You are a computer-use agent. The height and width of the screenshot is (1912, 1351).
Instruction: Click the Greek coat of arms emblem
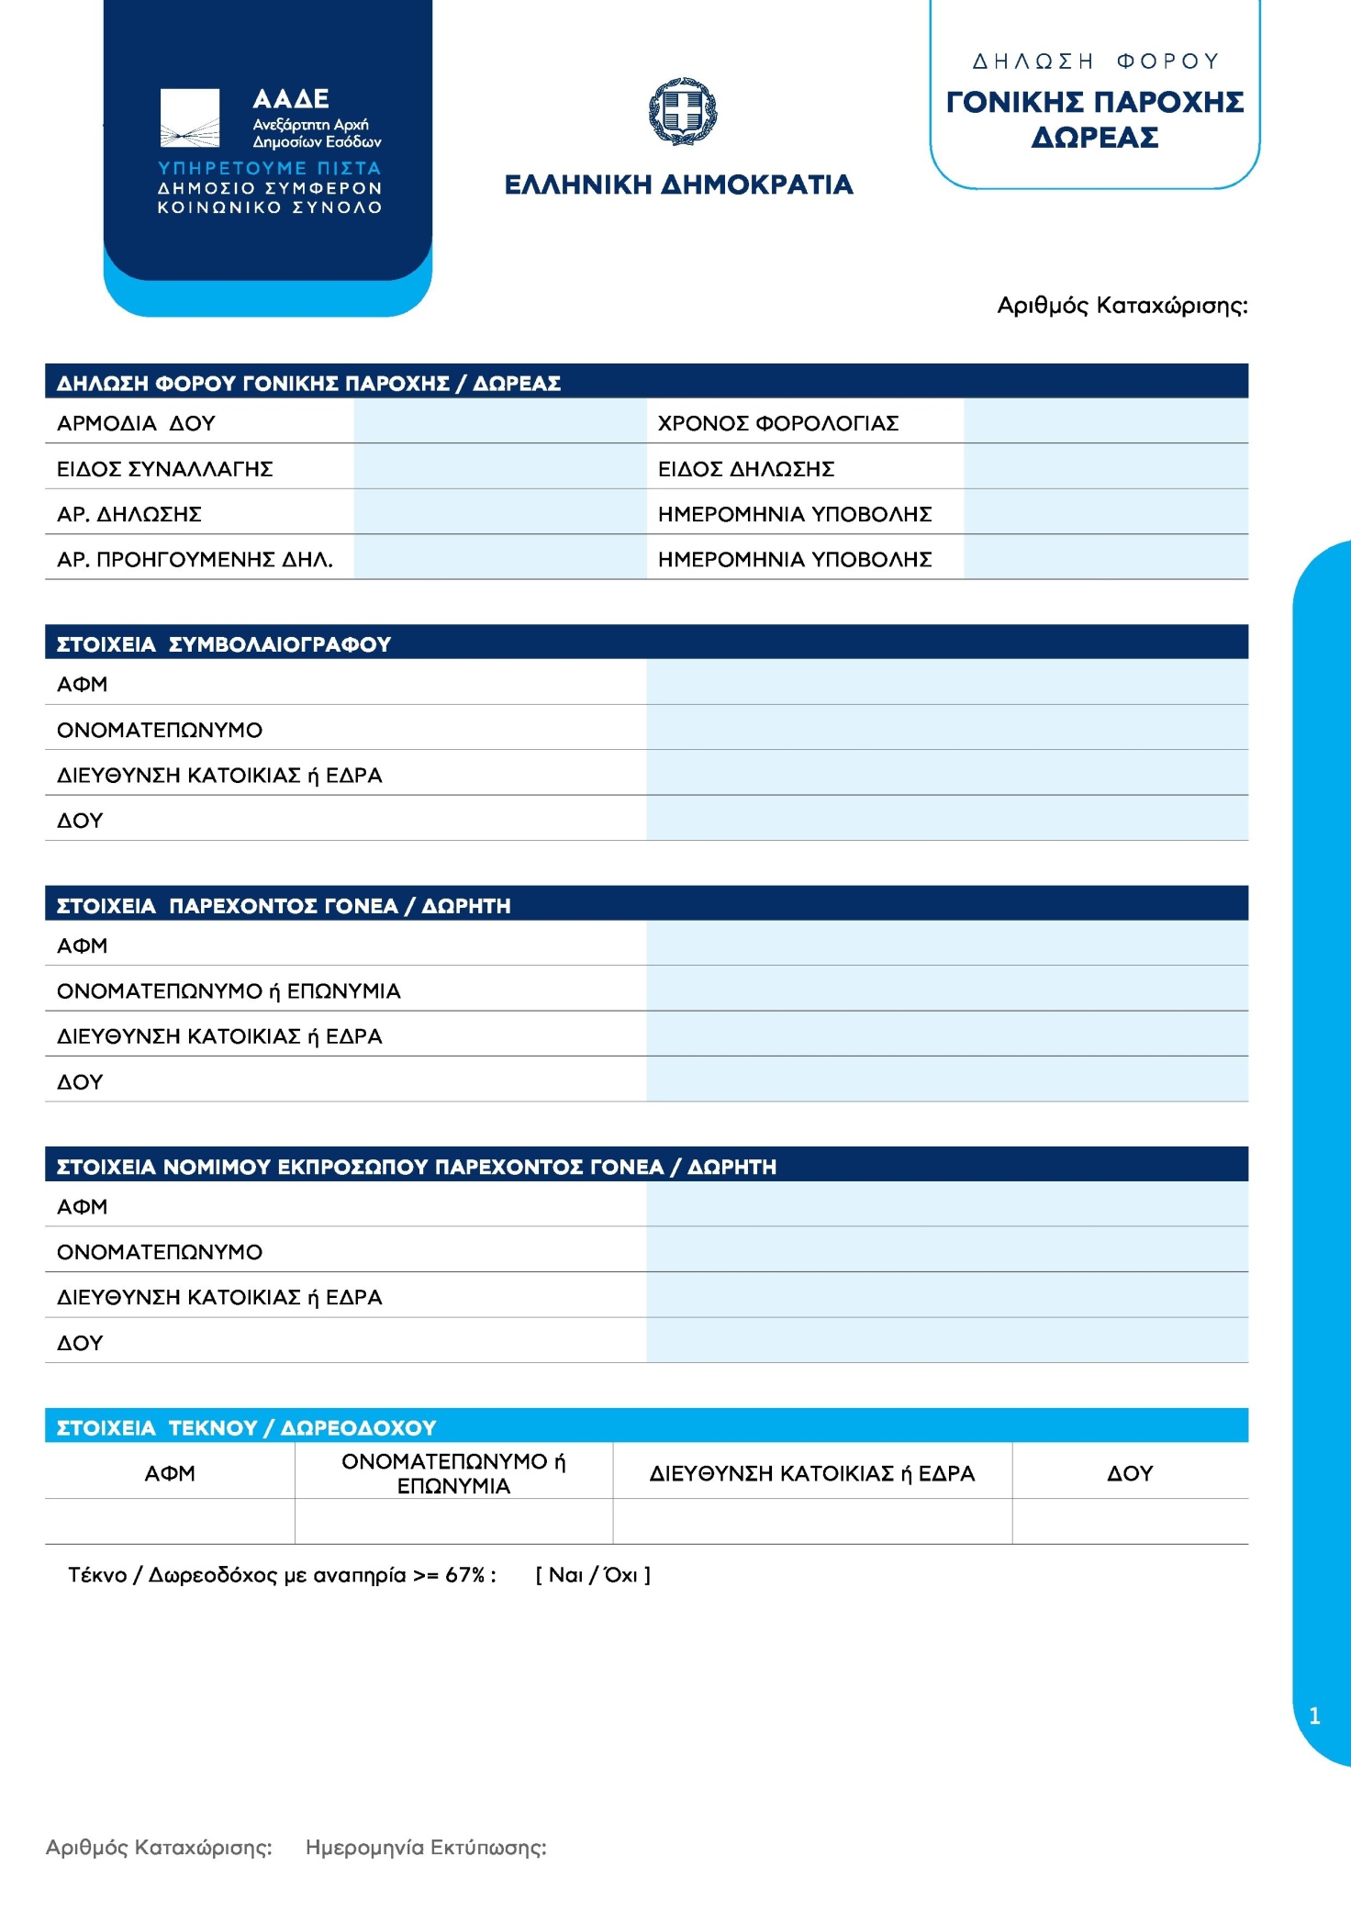(x=683, y=111)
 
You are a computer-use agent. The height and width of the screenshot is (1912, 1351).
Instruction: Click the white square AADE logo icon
(x=190, y=118)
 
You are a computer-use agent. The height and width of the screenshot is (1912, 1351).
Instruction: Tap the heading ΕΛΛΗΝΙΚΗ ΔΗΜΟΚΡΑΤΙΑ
(x=678, y=185)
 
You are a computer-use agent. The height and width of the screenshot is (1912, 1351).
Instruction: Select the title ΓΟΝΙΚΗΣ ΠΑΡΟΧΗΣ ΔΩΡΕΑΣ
(x=1095, y=119)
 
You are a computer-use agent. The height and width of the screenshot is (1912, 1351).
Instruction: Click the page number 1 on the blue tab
(x=1314, y=1716)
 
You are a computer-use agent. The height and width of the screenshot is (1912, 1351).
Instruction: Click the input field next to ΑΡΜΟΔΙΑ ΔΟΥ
(x=499, y=421)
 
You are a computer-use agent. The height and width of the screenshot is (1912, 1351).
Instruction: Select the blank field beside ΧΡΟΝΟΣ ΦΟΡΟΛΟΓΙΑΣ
(x=1105, y=421)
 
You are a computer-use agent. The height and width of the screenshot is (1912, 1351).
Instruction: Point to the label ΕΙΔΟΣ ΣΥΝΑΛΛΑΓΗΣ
(x=165, y=469)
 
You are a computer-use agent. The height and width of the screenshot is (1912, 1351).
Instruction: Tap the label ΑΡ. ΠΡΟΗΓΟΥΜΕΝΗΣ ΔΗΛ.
(x=195, y=559)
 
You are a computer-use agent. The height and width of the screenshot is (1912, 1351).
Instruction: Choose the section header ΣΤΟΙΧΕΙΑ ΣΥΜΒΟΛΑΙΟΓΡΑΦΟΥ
(x=224, y=644)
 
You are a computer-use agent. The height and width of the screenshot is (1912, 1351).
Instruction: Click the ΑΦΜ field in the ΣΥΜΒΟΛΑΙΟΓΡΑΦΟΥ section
(x=946, y=683)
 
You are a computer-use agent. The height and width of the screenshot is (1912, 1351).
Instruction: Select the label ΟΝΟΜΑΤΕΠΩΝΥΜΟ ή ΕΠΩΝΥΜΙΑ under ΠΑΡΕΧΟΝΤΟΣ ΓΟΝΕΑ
(x=229, y=991)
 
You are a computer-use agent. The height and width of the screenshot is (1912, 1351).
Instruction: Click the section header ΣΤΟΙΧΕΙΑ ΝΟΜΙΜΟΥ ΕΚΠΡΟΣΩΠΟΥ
(x=416, y=1167)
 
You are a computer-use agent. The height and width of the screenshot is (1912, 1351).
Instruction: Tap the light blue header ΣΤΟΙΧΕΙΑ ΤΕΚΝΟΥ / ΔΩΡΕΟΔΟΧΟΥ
(x=246, y=1427)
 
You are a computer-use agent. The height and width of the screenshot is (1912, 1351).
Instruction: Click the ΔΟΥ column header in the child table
(x=1129, y=1473)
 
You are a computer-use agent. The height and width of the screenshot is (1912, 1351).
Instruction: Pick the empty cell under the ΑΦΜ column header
(x=170, y=1522)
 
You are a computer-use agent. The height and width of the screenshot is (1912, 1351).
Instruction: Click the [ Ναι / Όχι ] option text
(x=593, y=1575)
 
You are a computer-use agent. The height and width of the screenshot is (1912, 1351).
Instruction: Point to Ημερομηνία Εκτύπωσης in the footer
(x=426, y=1848)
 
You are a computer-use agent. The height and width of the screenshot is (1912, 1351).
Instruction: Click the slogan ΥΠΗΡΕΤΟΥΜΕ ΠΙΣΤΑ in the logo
(x=269, y=168)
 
